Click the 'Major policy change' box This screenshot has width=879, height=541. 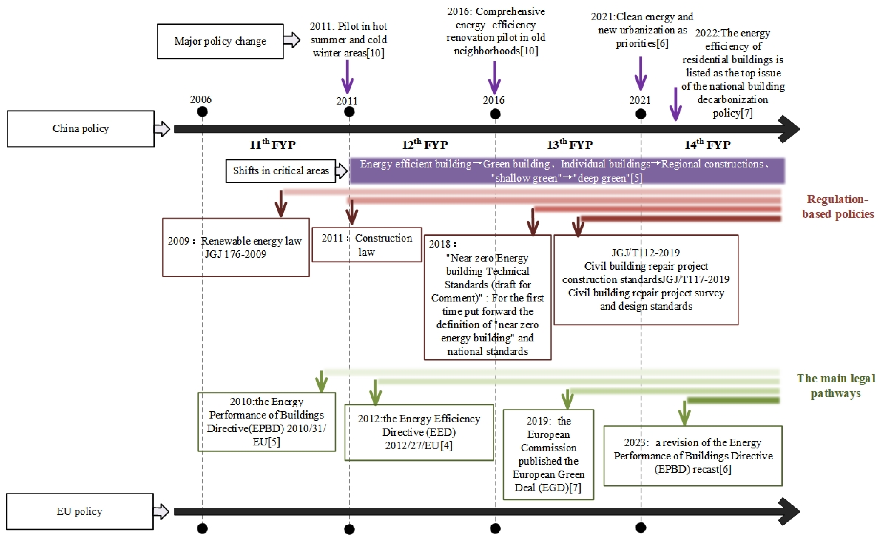pos(220,41)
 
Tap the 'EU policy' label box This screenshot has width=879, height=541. pos(80,511)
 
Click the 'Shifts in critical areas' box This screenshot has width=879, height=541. pos(281,171)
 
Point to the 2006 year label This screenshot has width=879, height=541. pos(201,99)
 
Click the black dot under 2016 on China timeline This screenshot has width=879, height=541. pos(495,114)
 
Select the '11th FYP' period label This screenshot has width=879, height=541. pos(272,144)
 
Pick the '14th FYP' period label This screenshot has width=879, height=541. pos(707,144)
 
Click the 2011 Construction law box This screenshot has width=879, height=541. pos(367,245)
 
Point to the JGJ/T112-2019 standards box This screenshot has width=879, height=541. pos(646,280)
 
